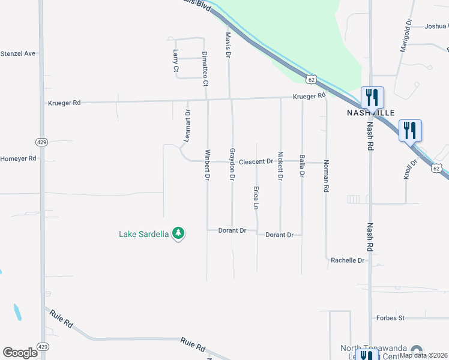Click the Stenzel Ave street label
18,53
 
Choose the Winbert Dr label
208,164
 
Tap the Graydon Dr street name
232,164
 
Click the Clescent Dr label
256,162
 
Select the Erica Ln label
256,197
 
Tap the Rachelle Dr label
348,260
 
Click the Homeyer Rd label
19,158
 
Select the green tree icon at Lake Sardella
178,233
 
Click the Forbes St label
390,318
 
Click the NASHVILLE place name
370,113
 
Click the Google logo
20,353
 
